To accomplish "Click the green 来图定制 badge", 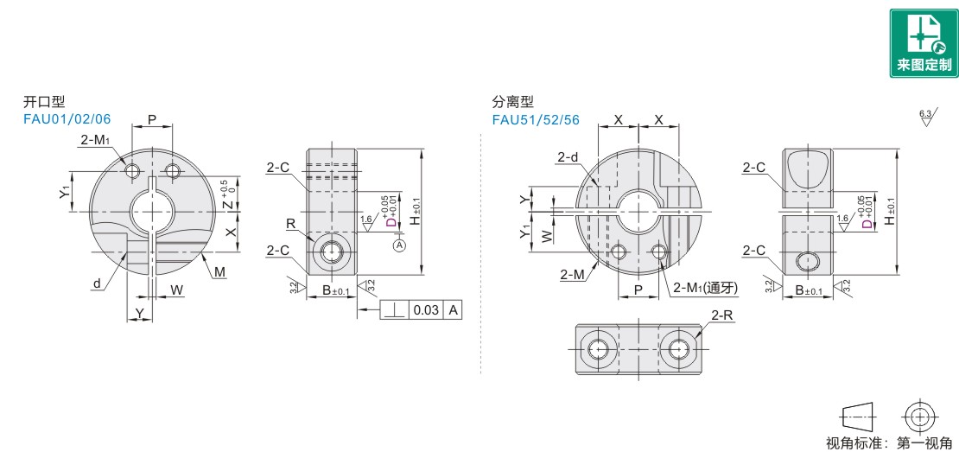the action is tap(924, 43).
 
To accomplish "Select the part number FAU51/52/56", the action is tap(535, 118).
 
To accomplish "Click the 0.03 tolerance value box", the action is tap(426, 310).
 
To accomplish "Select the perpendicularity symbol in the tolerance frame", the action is tap(395, 310).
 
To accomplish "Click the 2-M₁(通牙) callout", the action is tap(706, 288).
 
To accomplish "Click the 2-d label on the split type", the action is tap(568, 158).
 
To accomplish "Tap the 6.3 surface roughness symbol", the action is tap(924, 117).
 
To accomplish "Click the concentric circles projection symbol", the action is tap(918, 417).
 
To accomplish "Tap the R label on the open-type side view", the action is tap(290, 225).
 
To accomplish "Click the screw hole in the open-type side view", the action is tap(331, 251).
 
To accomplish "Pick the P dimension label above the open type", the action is tap(152, 119).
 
